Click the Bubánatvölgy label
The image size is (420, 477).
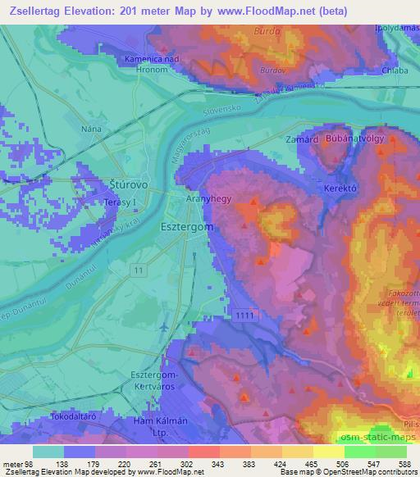pyautogui.click(x=359, y=140)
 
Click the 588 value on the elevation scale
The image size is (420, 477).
pyautogui.click(x=405, y=464)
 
